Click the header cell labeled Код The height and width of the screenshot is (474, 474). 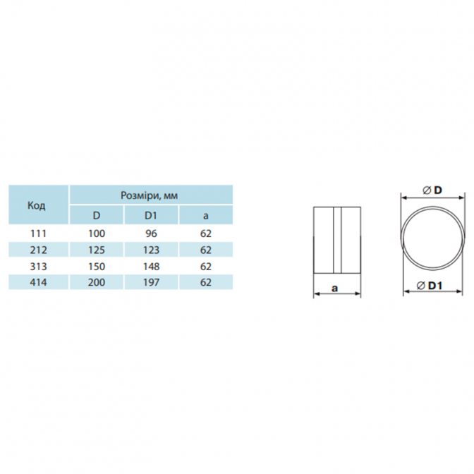37,205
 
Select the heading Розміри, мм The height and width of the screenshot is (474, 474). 149,195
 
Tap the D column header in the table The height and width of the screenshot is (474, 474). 97,215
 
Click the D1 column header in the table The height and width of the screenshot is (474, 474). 151,215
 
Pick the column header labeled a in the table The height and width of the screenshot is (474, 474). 206,216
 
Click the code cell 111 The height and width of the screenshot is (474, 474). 38,233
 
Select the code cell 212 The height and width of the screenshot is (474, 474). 38,250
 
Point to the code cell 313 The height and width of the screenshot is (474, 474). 38,267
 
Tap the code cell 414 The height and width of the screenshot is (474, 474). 38,282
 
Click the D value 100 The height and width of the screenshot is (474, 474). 97,233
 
